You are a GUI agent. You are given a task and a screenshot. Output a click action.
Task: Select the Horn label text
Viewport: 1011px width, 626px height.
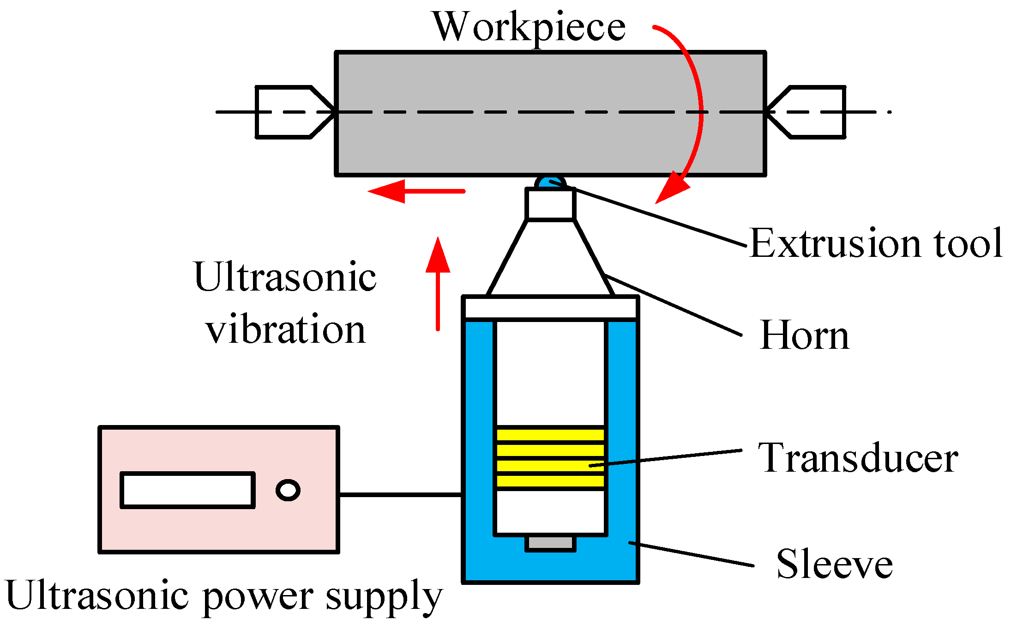tap(804, 336)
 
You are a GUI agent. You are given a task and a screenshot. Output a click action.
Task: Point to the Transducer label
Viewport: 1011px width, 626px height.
tap(858, 458)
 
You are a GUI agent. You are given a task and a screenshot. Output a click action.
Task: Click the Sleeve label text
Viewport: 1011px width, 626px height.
tap(834, 565)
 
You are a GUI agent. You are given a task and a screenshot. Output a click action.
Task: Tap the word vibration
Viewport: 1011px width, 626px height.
tap(286, 330)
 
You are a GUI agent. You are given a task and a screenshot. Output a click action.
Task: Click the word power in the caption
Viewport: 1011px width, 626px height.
tap(258, 597)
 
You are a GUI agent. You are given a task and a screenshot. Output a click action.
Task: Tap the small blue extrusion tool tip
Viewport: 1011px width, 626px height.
tap(550, 182)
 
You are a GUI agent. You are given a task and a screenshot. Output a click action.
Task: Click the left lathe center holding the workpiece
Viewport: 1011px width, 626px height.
tap(291, 112)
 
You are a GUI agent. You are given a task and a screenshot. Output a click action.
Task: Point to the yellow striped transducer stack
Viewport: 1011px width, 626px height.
tap(550, 457)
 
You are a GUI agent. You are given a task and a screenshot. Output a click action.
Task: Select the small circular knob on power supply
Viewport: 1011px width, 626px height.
tap(288, 490)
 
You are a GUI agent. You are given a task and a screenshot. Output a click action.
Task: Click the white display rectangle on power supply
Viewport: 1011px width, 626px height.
tap(187, 490)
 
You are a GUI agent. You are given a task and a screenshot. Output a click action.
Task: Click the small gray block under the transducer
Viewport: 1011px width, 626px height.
tap(550, 543)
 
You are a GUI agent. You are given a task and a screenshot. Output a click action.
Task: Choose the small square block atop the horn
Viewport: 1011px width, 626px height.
tap(550, 204)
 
